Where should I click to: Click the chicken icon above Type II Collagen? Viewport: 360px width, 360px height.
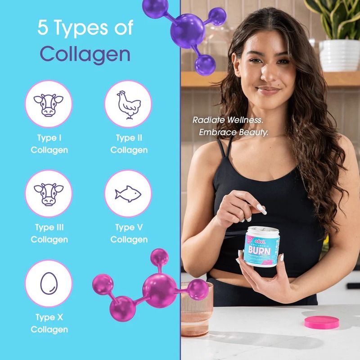128,104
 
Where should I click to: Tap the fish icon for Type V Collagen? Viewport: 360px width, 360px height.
128,193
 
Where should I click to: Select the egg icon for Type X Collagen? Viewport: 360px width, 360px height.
48,283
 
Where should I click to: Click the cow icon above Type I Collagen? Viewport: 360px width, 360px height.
48,104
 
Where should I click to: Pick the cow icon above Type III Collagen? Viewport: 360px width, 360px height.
48,193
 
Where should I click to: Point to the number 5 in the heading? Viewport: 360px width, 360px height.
43,28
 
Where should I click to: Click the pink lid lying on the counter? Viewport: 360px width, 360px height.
321,322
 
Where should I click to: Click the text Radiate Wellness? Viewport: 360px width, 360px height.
228,120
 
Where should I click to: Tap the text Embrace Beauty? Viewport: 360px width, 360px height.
234,133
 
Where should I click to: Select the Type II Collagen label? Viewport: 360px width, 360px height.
129,144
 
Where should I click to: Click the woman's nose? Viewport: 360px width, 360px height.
265,76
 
